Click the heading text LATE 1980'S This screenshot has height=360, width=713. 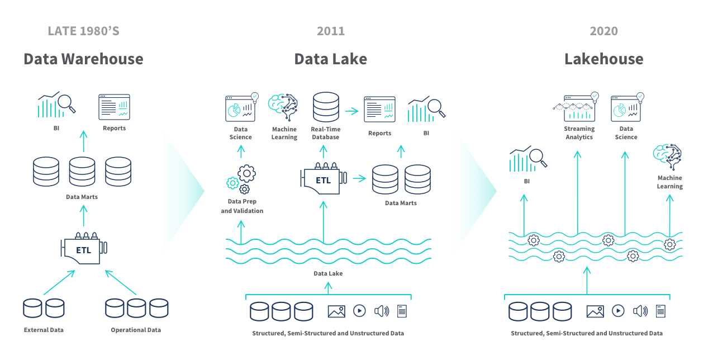83,31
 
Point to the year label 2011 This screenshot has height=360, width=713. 330,31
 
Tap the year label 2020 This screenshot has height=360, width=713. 603,31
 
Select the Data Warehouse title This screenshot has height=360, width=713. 83,59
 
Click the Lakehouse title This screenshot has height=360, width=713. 603,59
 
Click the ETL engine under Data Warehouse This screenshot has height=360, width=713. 84,249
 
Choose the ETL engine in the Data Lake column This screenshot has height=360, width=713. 323,179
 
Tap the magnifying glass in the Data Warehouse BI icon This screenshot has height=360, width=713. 67,103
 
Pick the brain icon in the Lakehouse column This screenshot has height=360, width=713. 668,157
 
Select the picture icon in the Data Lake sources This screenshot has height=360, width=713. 336,311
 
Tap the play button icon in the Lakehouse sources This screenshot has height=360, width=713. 618,311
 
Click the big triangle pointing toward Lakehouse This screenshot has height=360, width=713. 474,191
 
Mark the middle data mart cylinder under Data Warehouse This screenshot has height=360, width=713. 82,172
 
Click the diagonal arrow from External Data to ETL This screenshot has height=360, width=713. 59,283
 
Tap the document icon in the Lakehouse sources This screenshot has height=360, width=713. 660,311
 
